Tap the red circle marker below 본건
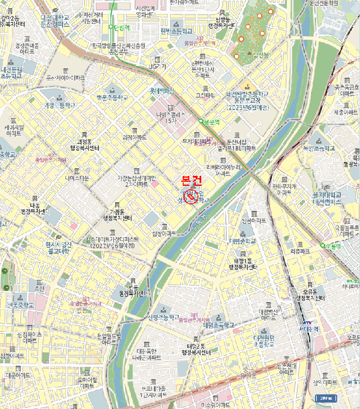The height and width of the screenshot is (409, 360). pos(191,199)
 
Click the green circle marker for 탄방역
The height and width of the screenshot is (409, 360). pos(111,27)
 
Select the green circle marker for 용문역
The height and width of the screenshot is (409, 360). pos(201,122)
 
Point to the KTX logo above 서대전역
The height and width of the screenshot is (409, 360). pos(307,322)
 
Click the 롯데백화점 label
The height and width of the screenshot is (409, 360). pos(162,91)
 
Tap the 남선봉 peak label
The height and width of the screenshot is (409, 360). pos(261,56)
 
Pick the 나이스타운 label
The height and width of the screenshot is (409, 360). pos(77,178)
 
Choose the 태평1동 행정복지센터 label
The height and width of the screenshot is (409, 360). pos(243,264)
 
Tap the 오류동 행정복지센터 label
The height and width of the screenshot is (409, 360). pos(310,294)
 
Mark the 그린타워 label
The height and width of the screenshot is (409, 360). pos(205,95)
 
